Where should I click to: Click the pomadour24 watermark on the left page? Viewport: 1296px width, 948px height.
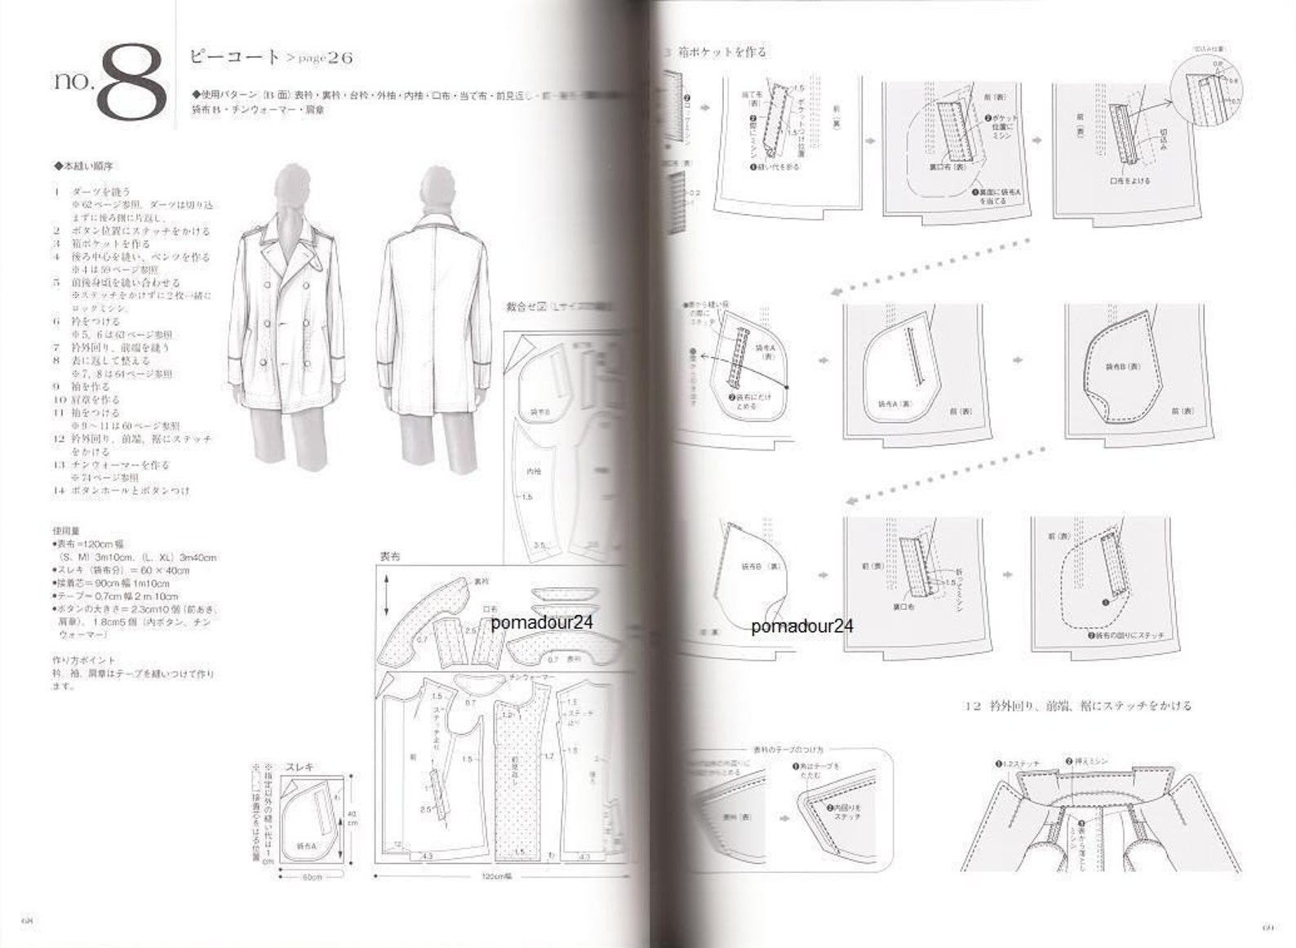pyautogui.click(x=542, y=622)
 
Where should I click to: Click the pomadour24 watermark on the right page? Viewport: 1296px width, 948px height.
pyautogui.click(x=802, y=626)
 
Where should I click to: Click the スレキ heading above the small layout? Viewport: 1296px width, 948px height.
pyautogui.click(x=299, y=767)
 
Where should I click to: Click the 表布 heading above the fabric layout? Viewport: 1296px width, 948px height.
pyautogui.click(x=389, y=556)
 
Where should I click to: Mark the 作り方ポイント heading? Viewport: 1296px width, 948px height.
pyautogui.click(x=83, y=660)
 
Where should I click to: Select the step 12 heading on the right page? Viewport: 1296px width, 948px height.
pyautogui.click(x=1077, y=705)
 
